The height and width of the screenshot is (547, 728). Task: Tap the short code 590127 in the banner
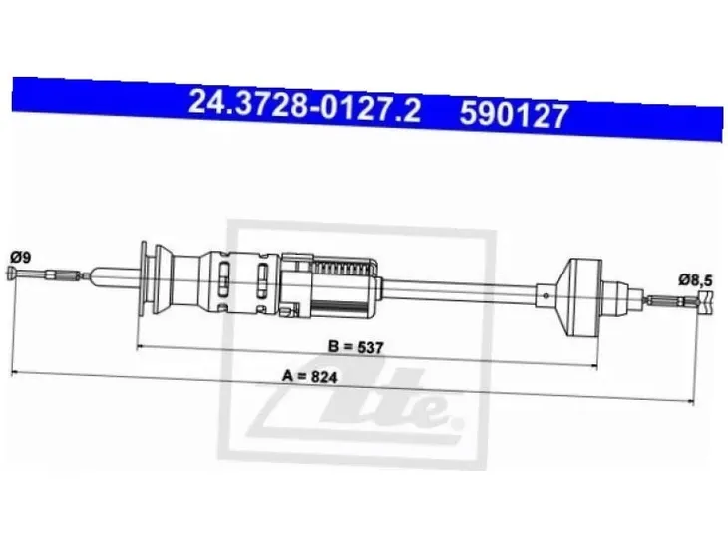click(x=514, y=115)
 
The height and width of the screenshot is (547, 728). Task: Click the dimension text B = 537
click(x=357, y=347)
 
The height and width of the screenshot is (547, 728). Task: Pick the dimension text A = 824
click(x=310, y=376)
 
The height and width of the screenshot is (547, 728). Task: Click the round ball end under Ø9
click(x=11, y=273)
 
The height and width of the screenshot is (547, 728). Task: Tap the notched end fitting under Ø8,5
click(x=704, y=303)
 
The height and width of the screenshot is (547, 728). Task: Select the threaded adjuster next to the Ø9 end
click(x=62, y=276)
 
